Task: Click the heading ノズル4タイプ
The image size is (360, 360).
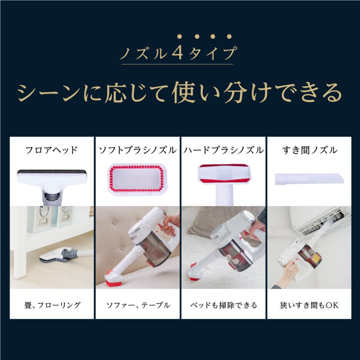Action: pos(177,54)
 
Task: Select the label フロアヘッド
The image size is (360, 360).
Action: pos(51,151)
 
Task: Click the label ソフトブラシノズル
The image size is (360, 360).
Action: pos(138,151)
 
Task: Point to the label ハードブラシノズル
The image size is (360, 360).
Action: pos(224,151)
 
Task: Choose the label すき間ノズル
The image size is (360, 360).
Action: pos(309,151)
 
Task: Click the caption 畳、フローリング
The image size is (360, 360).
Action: pos(52,305)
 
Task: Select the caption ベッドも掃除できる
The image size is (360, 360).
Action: pos(224,305)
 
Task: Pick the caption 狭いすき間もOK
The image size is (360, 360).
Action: pos(309,305)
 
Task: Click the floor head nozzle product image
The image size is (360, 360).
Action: pos(52,180)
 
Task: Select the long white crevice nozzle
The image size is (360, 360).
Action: pos(309,179)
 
